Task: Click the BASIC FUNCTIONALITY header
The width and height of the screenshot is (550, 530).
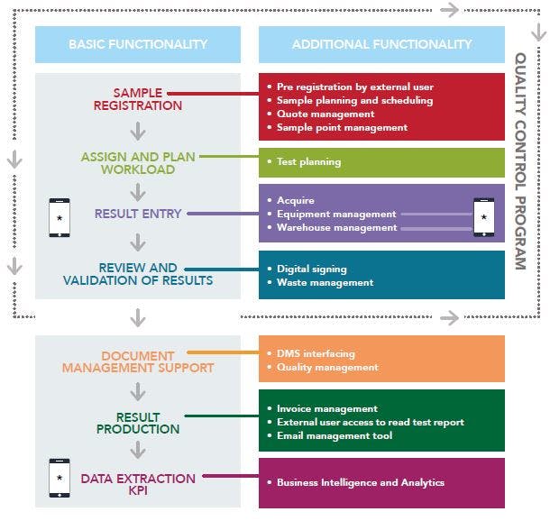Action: tap(138, 44)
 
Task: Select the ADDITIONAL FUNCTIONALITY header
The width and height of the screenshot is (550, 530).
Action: tap(381, 44)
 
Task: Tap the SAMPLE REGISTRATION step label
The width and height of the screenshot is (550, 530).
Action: tap(138, 99)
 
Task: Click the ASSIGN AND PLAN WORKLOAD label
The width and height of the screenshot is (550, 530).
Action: tap(139, 162)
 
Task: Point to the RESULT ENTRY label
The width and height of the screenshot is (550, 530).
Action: tap(138, 214)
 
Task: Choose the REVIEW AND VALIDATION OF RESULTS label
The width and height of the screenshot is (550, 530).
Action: tap(138, 274)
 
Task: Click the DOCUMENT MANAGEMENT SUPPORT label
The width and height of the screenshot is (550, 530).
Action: tap(138, 361)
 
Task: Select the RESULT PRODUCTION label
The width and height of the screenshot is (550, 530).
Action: tap(139, 423)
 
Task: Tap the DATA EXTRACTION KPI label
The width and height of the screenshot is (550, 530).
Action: tap(138, 484)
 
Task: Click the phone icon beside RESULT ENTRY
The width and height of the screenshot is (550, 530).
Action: tap(60, 218)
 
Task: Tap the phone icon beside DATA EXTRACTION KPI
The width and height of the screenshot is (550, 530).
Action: tap(60, 477)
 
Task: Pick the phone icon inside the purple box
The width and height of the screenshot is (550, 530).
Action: tap(484, 217)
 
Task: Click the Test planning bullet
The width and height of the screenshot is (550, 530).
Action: tap(308, 162)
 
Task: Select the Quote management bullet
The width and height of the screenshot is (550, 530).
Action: tap(325, 114)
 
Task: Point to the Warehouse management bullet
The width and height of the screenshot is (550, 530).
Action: tap(336, 227)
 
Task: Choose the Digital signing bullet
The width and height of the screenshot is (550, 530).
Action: tap(312, 269)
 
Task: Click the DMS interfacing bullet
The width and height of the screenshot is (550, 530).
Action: tap(316, 353)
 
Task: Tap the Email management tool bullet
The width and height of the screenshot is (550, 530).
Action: tap(335, 435)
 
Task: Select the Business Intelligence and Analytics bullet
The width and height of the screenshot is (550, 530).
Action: tap(361, 482)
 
